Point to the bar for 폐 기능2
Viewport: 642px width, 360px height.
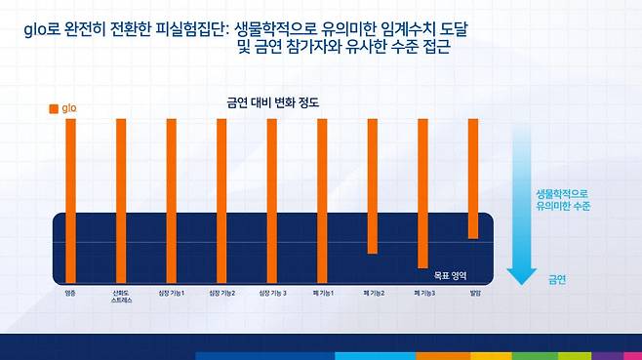(x=372, y=185)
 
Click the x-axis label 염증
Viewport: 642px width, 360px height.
(x=70, y=292)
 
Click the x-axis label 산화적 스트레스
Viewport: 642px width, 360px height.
(x=121, y=296)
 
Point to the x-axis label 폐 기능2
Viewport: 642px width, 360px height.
(x=372, y=292)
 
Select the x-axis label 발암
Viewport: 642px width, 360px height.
(x=473, y=292)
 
